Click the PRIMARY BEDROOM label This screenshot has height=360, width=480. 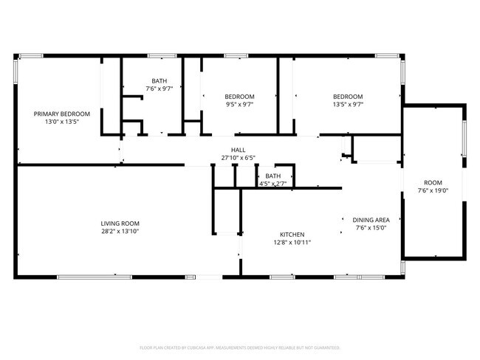click(x=62, y=114)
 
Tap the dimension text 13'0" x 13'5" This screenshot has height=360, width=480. click(x=62, y=122)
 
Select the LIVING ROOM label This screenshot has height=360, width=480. click(x=120, y=224)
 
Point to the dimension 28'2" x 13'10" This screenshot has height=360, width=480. click(x=120, y=232)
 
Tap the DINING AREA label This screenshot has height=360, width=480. click(x=376, y=220)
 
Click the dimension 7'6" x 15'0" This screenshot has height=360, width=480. click(x=376, y=228)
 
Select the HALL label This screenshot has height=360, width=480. click(x=238, y=150)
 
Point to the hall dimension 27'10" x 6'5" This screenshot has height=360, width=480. click(x=238, y=158)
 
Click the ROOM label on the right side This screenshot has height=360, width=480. click(x=433, y=183)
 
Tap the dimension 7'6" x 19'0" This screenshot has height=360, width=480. click(x=433, y=191)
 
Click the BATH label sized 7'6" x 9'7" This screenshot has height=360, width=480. click(x=159, y=81)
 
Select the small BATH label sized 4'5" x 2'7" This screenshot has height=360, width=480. click(x=273, y=176)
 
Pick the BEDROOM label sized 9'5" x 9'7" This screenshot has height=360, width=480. click(x=240, y=97)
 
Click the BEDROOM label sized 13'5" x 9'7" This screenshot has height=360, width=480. click(x=347, y=97)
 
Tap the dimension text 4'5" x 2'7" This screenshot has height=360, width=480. click(x=273, y=184)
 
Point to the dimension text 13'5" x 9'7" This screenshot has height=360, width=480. click(x=347, y=105)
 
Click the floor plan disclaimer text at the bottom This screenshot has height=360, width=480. click(x=239, y=347)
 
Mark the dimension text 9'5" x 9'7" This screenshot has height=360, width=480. click(x=240, y=105)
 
